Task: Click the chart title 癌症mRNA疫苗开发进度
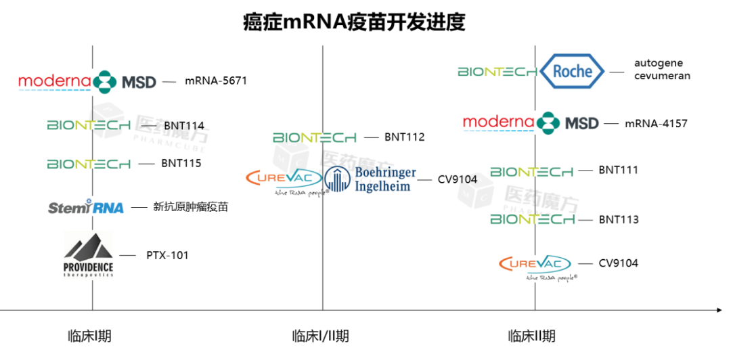click(x=354, y=22)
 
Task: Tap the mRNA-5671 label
click(x=216, y=81)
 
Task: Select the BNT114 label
click(x=184, y=125)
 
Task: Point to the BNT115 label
click(x=181, y=163)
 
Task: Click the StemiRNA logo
click(x=86, y=207)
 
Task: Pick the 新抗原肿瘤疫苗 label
click(x=191, y=206)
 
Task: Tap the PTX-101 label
click(x=167, y=255)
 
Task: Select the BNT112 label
click(x=405, y=137)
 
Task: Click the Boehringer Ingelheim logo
click(x=370, y=179)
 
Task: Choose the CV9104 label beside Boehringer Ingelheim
click(x=458, y=179)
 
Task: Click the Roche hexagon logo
click(x=572, y=71)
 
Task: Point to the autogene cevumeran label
click(x=662, y=69)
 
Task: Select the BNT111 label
click(x=619, y=170)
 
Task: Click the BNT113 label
click(x=619, y=219)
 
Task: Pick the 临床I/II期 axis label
click(x=320, y=336)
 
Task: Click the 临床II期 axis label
click(x=531, y=336)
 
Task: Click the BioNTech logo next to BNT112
click(x=315, y=137)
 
